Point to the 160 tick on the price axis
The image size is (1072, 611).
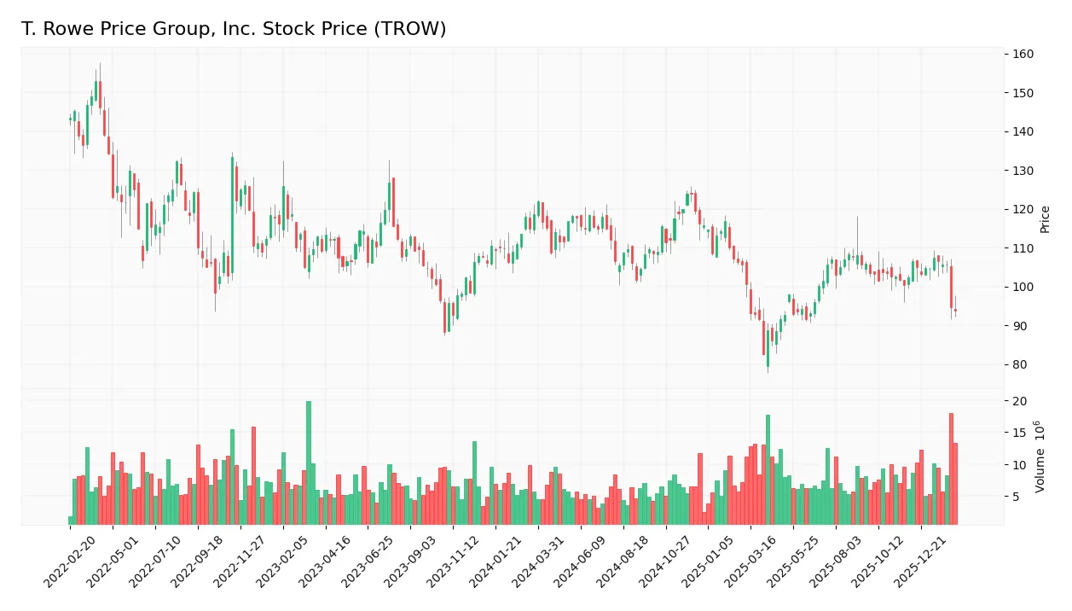[x=1023, y=54]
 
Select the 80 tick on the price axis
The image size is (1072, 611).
[x=1019, y=364]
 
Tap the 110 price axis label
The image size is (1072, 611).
[x=1023, y=248]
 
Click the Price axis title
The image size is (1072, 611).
[x=1046, y=219]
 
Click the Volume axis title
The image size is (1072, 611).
[x=1041, y=457]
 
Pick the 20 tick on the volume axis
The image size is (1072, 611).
[x=1019, y=401]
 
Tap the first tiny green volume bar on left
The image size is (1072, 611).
[x=71, y=520]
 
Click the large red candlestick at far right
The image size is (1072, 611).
[x=951, y=288]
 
